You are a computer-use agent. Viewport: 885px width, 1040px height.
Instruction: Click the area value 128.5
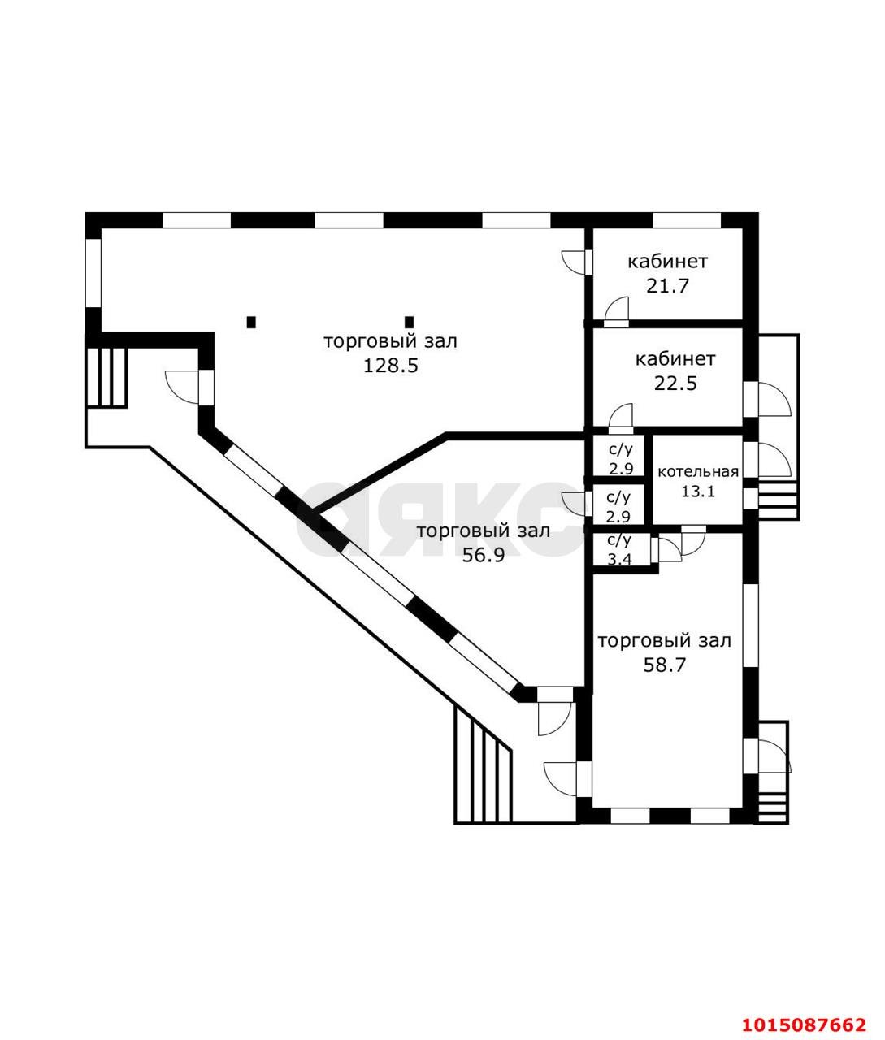[390, 366]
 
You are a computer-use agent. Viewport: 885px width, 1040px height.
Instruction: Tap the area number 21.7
[667, 286]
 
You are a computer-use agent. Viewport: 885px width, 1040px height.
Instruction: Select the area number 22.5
[675, 383]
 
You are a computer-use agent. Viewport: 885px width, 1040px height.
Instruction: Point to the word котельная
[698, 472]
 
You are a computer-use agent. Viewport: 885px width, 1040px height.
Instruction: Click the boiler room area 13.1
[698, 491]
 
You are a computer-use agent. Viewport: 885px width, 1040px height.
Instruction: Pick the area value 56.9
[484, 557]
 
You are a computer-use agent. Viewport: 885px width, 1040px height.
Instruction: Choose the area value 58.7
[665, 665]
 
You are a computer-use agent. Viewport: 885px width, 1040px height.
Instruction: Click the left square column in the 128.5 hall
[251, 322]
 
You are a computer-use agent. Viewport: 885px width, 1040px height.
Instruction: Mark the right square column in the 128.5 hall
[410, 322]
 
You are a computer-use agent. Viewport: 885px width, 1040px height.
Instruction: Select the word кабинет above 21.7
[667, 262]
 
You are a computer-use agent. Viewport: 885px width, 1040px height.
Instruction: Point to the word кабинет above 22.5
[675, 359]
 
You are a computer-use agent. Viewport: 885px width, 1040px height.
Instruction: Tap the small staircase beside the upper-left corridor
[106, 377]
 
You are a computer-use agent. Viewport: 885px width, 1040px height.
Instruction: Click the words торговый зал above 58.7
[665, 641]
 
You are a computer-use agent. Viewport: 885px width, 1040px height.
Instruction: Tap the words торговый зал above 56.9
[484, 532]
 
